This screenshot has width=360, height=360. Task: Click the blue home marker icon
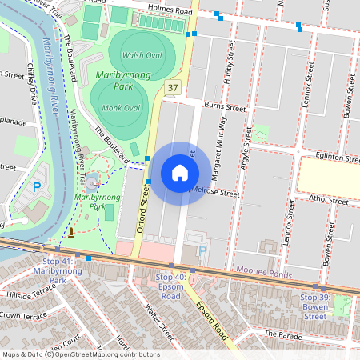(x=180, y=173)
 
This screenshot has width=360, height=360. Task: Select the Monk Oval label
(x=122, y=108)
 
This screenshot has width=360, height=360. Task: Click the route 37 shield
(x=173, y=86)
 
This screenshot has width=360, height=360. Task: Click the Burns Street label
(x=224, y=106)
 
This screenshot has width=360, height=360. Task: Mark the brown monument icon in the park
(x=71, y=234)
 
